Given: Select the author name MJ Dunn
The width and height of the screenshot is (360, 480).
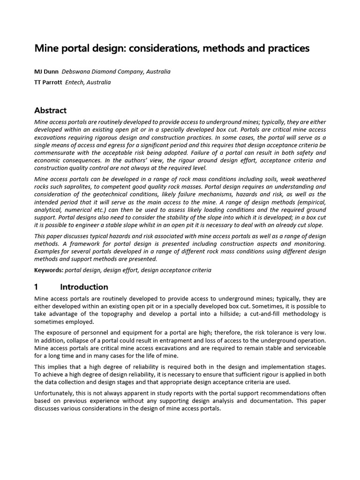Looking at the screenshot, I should pyautogui.click(x=46, y=72).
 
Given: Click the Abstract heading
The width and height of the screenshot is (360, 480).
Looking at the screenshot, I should pyautogui.click(x=51, y=111).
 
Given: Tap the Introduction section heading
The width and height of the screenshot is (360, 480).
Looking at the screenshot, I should pyautogui.click(x=84, y=287).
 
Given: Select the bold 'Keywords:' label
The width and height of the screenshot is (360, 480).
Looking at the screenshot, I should pyautogui.click(x=49, y=270).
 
